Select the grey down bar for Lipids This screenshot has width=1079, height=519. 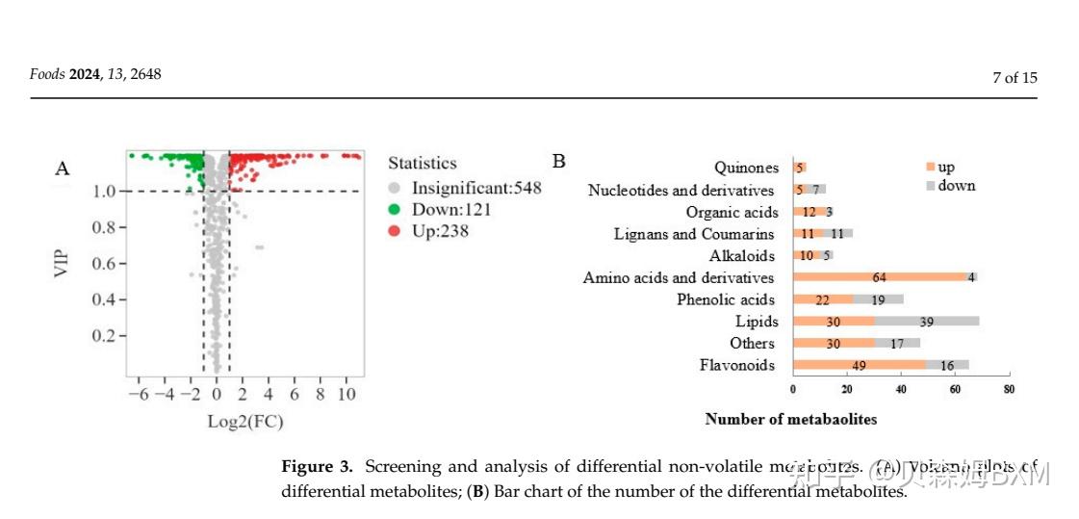click(926, 322)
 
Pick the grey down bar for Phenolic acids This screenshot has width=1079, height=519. click(878, 299)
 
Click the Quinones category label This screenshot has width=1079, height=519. click(746, 169)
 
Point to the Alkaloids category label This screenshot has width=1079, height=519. click(741, 256)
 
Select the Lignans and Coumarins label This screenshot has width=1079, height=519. click(693, 234)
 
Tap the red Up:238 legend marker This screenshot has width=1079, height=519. click(393, 231)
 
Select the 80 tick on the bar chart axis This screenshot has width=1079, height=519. click(1009, 389)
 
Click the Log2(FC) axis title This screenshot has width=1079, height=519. click(245, 422)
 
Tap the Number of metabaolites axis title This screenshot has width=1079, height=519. click(790, 419)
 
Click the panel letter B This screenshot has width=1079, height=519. click(558, 161)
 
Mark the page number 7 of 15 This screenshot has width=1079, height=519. click(1015, 78)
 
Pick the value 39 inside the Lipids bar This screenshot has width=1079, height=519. click(927, 322)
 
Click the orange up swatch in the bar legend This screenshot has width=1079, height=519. click(930, 167)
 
